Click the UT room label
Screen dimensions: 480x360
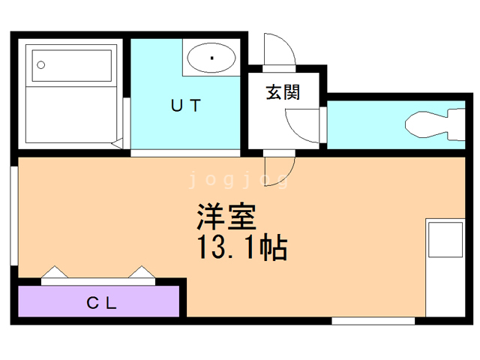point(186,105)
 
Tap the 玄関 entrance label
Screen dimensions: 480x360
point(283,91)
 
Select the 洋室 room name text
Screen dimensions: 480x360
point(226,217)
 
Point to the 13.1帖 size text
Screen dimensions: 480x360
point(241,247)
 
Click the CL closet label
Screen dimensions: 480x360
point(102,303)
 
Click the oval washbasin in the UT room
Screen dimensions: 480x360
point(211,58)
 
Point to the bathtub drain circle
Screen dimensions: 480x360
point(40,65)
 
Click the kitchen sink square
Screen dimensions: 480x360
point(445,240)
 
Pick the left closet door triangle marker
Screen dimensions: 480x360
point(55,271)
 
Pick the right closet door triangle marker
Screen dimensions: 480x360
point(142,271)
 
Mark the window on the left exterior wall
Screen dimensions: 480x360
point(14,216)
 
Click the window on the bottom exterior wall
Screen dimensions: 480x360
point(373,321)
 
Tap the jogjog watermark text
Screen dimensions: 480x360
point(238,180)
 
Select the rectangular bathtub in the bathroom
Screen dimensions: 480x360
point(72,65)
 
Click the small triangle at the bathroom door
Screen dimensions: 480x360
point(117,143)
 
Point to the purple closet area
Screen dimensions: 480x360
point(98,301)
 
